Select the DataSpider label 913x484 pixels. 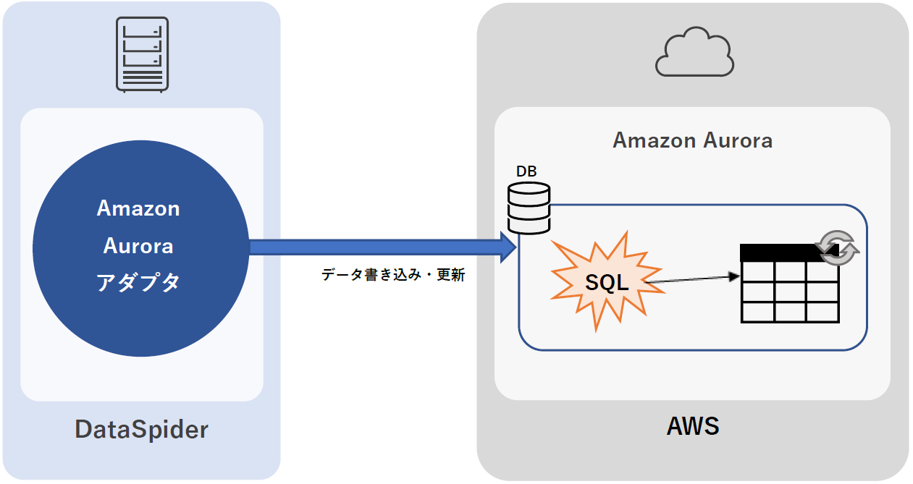pyautogui.click(x=142, y=430)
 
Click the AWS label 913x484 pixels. pyautogui.click(x=693, y=426)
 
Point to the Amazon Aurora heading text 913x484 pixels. pyautogui.click(x=692, y=140)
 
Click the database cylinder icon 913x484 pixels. pyautogui.click(x=529, y=208)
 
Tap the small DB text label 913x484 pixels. pyautogui.click(x=526, y=171)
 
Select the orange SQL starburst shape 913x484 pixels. pyautogui.click(x=607, y=283)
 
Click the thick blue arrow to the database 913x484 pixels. pyautogui.click(x=376, y=247)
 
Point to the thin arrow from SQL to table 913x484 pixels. pyautogui.click(x=691, y=279)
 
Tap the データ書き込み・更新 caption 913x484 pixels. pyautogui.click(x=393, y=275)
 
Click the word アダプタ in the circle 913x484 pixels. pyautogui.click(x=138, y=283)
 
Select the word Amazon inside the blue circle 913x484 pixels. pyautogui.click(x=138, y=208)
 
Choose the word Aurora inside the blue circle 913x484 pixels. pyautogui.click(x=138, y=246)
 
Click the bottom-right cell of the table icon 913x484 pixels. pyautogui.click(x=822, y=312)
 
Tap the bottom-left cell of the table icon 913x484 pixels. pyautogui.click(x=757, y=312)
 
